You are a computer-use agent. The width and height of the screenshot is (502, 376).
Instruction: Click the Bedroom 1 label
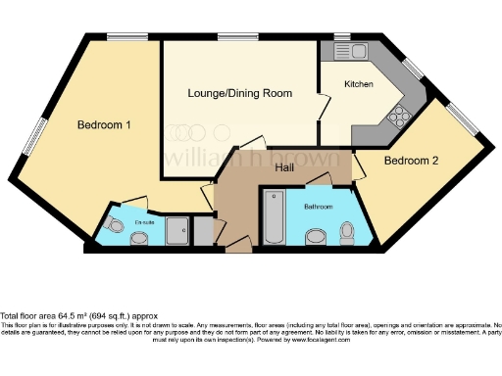(104, 125)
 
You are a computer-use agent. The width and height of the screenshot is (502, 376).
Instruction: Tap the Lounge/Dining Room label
(240, 93)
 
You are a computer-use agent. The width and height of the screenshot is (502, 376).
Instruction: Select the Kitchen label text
(358, 85)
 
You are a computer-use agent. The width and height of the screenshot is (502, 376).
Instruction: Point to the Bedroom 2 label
(411, 161)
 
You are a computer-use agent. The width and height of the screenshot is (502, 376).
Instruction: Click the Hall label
(284, 168)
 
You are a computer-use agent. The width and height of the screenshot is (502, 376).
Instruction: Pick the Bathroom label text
(318, 207)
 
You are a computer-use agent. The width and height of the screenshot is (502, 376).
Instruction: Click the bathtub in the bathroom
(273, 218)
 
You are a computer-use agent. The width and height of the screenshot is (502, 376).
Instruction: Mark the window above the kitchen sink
(343, 37)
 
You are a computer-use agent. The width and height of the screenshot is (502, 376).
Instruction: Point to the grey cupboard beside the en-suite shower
(203, 231)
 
